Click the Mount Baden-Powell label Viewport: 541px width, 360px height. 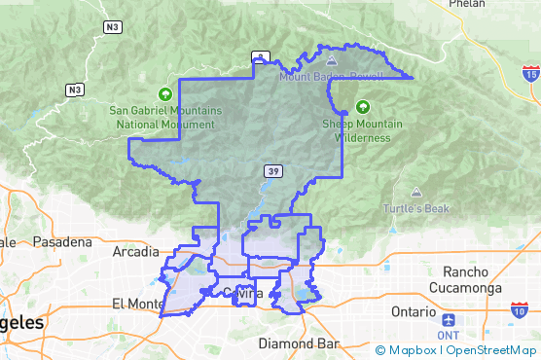point(327,75)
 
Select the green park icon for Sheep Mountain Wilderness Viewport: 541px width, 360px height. point(362,106)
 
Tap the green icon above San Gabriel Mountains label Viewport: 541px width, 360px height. point(165,94)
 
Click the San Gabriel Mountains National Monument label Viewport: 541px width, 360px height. point(165,118)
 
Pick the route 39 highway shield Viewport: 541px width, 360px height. point(274,172)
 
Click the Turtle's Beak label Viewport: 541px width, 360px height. point(416,209)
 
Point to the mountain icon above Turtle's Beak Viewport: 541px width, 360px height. point(416,193)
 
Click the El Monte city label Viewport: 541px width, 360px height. point(137,304)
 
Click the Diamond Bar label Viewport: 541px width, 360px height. point(298,343)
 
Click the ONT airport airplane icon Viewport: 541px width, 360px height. point(448,319)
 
